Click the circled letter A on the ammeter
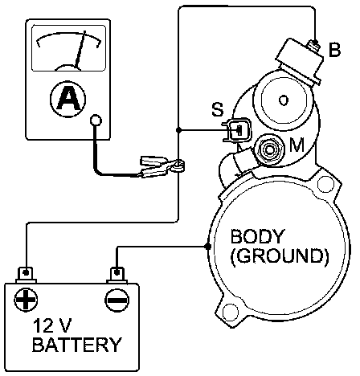point(68,99)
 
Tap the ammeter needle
point(80,49)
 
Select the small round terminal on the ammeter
point(96,121)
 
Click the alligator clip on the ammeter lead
point(161,167)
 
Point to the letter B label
point(334,50)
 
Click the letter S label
point(217,109)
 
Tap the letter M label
point(297,145)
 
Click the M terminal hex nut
point(268,149)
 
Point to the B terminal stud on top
point(315,44)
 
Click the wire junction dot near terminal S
point(178,130)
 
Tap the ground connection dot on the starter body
point(207,247)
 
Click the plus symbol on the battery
point(26,300)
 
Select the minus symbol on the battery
point(117,300)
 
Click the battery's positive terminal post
point(26,275)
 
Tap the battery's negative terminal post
point(117,275)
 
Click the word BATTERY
point(77,345)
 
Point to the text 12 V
point(52,325)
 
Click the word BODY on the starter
point(257,236)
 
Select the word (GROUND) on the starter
point(279,257)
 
